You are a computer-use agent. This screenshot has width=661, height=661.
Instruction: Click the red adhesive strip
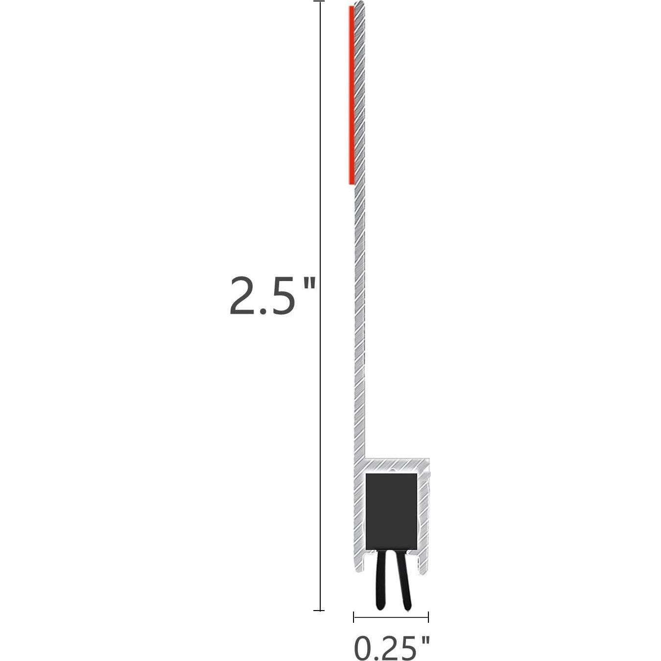(x=352, y=95)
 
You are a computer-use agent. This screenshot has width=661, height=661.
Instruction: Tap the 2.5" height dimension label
(x=272, y=296)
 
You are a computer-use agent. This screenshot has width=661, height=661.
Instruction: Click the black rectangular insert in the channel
(x=391, y=511)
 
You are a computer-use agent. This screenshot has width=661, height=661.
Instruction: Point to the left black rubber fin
(x=381, y=580)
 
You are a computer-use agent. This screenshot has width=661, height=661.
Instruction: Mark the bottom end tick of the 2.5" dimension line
(x=319, y=610)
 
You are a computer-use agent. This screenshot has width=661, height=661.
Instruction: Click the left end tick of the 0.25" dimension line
(x=354, y=617)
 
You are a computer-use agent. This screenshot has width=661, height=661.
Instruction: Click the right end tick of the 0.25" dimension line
(x=428, y=617)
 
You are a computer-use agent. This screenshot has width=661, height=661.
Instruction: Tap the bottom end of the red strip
(x=352, y=183)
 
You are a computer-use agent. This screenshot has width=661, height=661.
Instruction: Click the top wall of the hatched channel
(x=397, y=463)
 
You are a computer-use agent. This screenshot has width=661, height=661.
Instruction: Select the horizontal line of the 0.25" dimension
(x=391, y=617)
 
